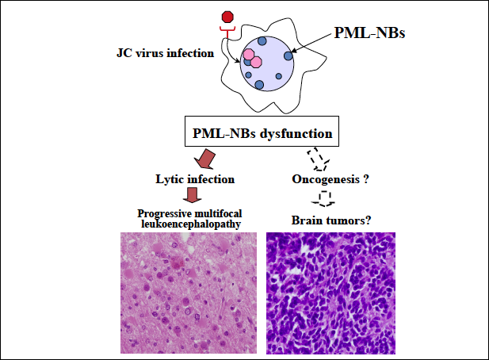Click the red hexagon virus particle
[229, 17]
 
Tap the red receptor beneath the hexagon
[229, 33]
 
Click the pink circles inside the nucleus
[252, 59]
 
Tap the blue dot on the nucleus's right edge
[289, 56]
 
